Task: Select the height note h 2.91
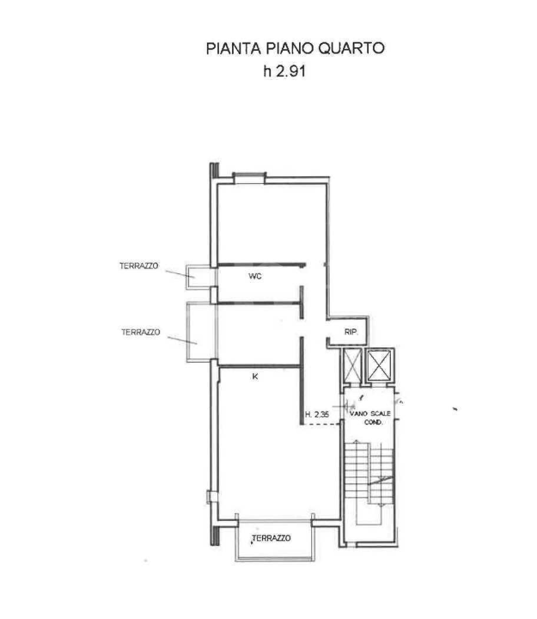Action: (284, 72)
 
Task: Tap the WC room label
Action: (254, 277)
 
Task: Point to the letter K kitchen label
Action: (254, 376)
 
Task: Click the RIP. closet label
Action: (351, 332)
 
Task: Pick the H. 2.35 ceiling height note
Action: (317, 416)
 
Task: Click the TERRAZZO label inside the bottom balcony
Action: (271, 538)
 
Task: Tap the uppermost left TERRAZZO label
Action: (138, 267)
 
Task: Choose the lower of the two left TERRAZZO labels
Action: (141, 332)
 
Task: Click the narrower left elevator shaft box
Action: (351, 366)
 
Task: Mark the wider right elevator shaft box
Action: (380, 366)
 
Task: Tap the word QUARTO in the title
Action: (352, 48)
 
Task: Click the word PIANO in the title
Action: (286, 48)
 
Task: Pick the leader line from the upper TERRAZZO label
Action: (177, 273)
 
